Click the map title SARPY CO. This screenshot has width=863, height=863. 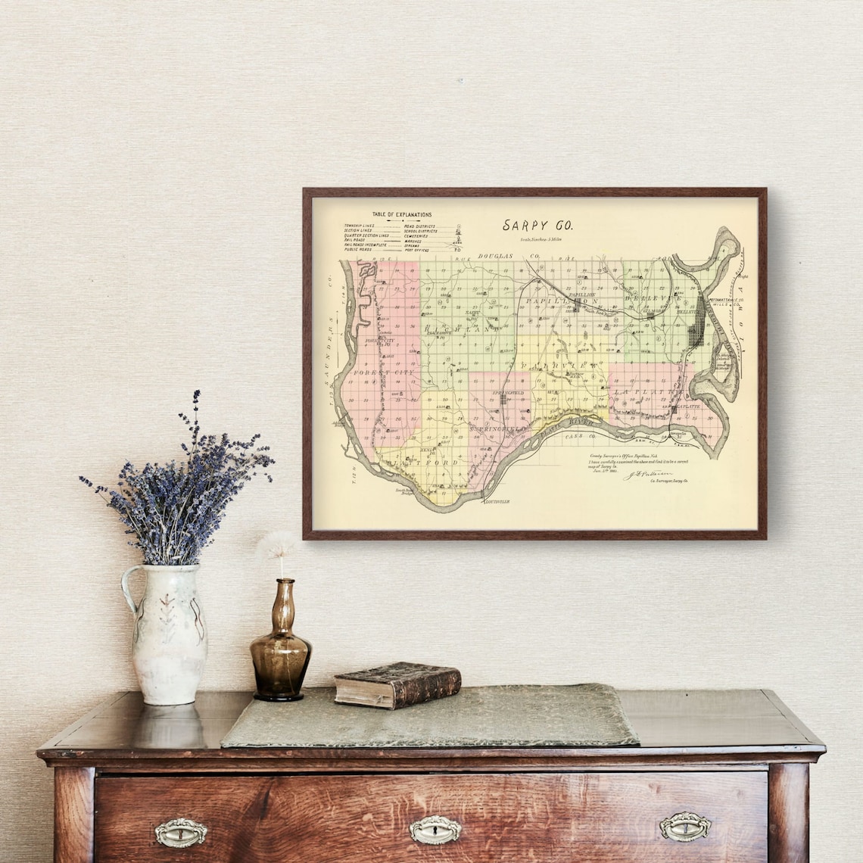[x=538, y=225]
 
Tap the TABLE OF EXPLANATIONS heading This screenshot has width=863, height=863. [x=402, y=215]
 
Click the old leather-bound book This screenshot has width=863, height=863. [x=397, y=684]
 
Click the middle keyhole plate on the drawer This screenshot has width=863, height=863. [x=435, y=830]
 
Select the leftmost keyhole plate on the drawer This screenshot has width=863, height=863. [x=181, y=833]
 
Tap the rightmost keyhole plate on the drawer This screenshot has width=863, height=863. [x=684, y=827]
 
